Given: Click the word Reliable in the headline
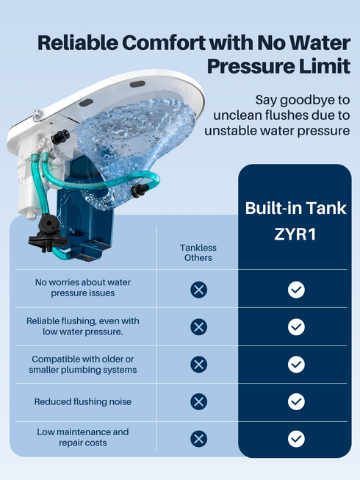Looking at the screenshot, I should (81, 42).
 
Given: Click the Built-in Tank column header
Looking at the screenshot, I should (295, 208).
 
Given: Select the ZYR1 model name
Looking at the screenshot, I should (295, 237).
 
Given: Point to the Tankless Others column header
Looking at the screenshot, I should (198, 253).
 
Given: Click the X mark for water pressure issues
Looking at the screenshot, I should (198, 290).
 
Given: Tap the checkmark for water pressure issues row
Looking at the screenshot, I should (296, 290).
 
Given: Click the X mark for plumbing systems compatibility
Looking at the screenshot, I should (198, 365).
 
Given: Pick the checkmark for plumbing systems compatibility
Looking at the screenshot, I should (296, 365).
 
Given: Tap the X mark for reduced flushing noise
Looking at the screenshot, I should (198, 401).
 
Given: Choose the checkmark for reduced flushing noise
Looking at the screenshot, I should (296, 401).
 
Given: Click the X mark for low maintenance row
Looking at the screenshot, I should (198, 439).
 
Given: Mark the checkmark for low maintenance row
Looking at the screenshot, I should (296, 439).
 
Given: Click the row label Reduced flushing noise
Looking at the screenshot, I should (83, 402).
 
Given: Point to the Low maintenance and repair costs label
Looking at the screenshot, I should (83, 437).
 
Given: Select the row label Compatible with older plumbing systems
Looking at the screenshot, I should (83, 364).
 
